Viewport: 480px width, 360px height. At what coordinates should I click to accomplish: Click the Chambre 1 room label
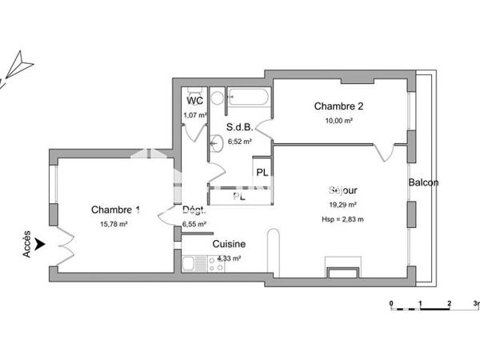(x=115, y=210)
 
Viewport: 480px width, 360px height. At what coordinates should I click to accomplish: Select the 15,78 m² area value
(x=115, y=224)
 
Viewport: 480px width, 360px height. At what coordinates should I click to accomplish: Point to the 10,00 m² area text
(x=338, y=120)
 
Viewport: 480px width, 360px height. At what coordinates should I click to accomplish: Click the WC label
(x=195, y=102)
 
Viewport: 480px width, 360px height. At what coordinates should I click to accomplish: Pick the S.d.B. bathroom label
(x=239, y=127)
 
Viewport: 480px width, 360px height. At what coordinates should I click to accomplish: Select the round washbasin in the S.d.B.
(x=216, y=144)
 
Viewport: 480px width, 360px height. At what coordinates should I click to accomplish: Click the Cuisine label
(x=229, y=244)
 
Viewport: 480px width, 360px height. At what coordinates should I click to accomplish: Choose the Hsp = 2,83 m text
(x=342, y=218)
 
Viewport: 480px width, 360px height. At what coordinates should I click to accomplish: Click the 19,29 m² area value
(x=342, y=205)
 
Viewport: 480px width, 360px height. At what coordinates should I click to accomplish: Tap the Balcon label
(x=423, y=182)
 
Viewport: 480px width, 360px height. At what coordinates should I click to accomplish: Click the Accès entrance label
(x=27, y=243)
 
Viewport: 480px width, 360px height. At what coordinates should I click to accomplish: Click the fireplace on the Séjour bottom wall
(x=342, y=268)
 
